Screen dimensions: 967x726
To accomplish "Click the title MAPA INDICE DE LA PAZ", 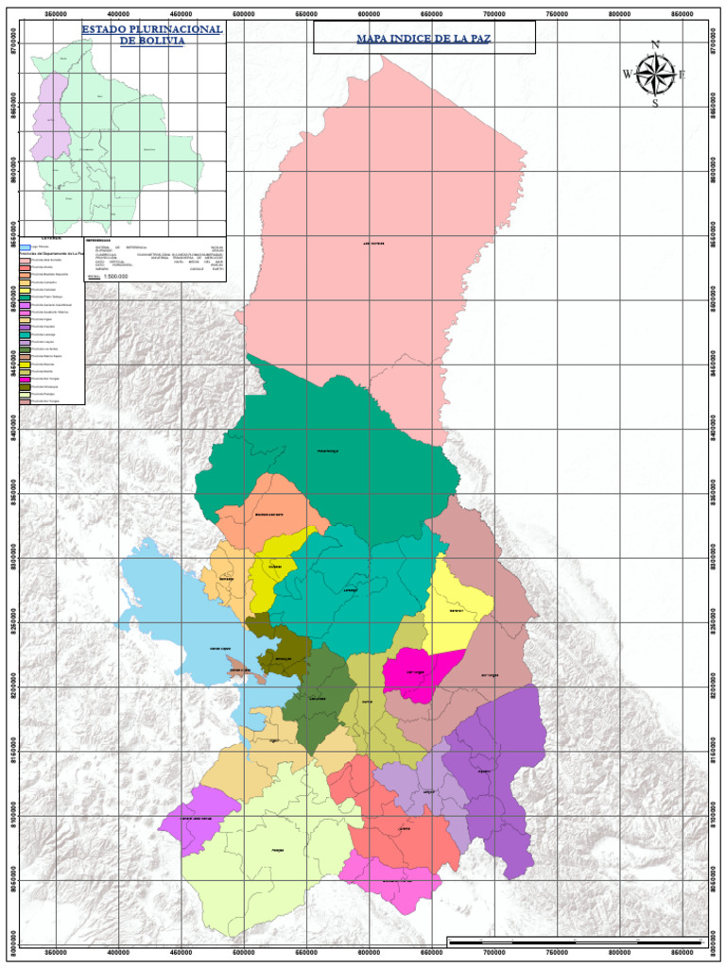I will click(x=423, y=39).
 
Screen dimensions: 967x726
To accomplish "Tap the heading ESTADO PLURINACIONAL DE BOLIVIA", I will click(x=151, y=35).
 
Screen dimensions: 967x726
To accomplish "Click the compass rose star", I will click(x=655, y=74).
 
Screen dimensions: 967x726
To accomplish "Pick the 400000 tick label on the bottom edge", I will click(x=118, y=954).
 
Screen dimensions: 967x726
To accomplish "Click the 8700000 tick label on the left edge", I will click(x=12, y=43).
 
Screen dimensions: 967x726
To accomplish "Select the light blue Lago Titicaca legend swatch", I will click(x=26, y=247).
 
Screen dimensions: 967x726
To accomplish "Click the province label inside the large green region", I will click(x=327, y=450).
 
